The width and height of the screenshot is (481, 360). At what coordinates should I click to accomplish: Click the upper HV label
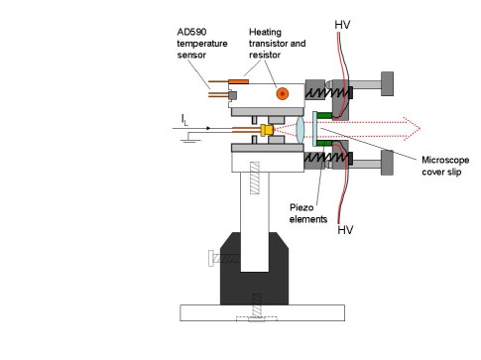(342, 25)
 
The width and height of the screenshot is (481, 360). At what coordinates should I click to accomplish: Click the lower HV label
(345, 230)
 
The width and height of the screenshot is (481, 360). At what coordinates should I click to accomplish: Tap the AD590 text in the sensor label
(191, 32)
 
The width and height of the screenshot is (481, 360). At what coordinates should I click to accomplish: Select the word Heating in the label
(265, 32)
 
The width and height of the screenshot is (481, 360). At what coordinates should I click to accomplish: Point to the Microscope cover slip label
(445, 166)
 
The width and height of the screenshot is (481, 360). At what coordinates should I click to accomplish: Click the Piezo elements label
(308, 213)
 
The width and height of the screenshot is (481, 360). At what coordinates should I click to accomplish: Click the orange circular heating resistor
(283, 94)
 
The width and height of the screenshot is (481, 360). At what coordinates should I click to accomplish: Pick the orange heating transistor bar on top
(238, 81)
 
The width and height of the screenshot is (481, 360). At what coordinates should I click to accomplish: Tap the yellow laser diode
(267, 130)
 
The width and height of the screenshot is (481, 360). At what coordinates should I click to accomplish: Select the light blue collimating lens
(300, 130)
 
